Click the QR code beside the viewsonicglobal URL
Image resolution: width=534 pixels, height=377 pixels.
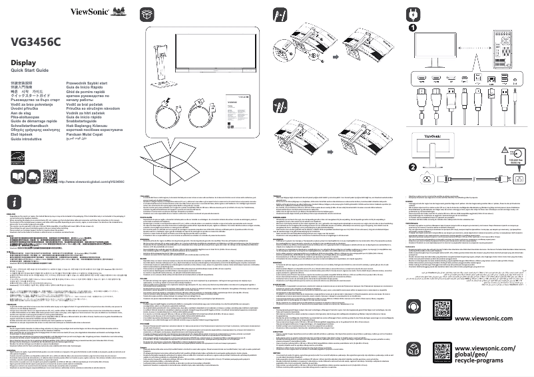(x=50, y=159)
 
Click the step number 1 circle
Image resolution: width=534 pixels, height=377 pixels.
(x=413, y=29)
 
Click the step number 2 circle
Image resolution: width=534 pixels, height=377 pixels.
(x=413, y=168)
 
